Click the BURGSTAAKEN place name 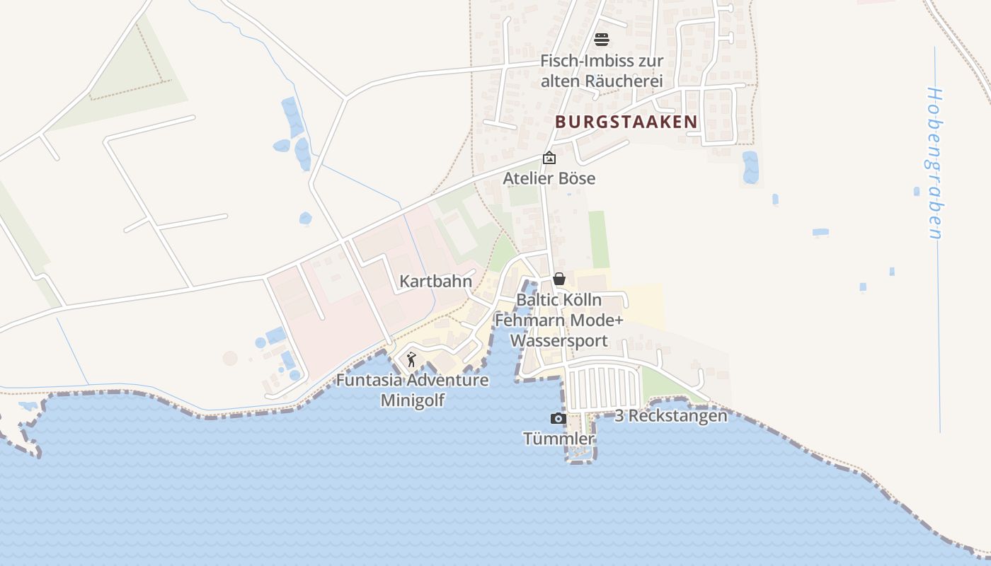click(x=626, y=122)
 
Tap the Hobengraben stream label click(x=936, y=163)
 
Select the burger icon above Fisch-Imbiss click(x=602, y=39)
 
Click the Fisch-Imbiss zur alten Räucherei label click(x=602, y=71)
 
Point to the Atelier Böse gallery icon click(x=549, y=158)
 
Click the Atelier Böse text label click(x=549, y=178)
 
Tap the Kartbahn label click(x=435, y=281)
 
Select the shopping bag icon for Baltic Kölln click(x=559, y=279)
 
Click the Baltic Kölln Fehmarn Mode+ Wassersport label click(x=559, y=320)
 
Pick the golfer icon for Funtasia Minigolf click(x=411, y=360)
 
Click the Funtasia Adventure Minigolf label click(x=412, y=390)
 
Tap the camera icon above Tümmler click(x=558, y=418)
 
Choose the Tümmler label click(x=558, y=439)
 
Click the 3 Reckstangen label click(x=670, y=416)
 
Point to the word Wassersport click(x=559, y=341)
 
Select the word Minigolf click(x=412, y=400)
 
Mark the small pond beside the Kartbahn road click(x=305, y=218)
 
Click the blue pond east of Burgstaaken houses click(x=750, y=167)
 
